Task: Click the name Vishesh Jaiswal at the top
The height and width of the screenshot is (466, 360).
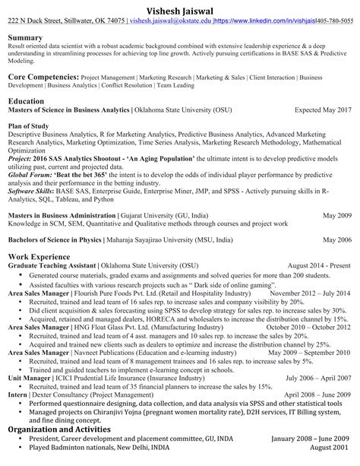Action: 179,8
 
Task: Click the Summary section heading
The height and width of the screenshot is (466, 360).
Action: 25,36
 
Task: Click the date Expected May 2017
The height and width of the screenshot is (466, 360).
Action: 323,110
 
